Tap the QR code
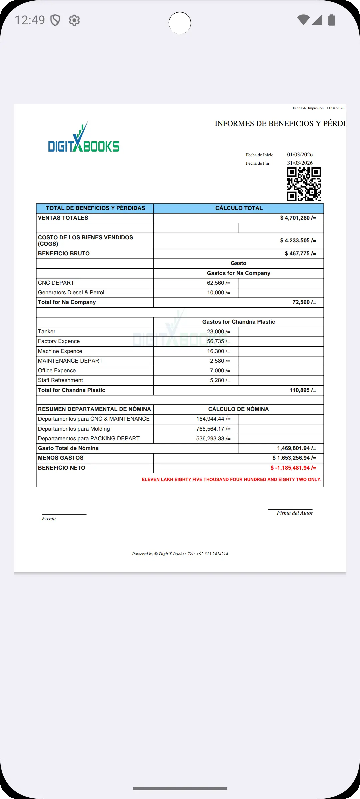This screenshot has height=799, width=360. click(x=304, y=184)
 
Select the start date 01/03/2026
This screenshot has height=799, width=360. click(x=300, y=155)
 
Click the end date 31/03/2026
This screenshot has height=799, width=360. click(x=300, y=163)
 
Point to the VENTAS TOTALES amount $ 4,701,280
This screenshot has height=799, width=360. click(x=298, y=218)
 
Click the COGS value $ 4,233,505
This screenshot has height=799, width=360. click(x=298, y=241)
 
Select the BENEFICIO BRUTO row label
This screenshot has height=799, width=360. click(x=64, y=254)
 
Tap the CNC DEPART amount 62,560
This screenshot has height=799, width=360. click(x=218, y=283)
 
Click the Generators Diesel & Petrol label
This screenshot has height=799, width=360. click(x=71, y=293)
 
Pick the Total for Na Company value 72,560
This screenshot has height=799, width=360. click(x=304, y=302)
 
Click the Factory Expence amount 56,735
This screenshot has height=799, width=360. click(x=218, y=341)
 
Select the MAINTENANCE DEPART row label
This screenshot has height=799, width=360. click(x=70, y=361)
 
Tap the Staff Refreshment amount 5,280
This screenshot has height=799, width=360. click(x=220, y=380)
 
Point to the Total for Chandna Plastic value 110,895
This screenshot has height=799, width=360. click(x=302, y=390)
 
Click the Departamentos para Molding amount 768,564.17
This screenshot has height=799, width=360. click(x=213, y=429)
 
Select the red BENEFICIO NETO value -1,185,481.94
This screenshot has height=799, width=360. click(x=293, y=468)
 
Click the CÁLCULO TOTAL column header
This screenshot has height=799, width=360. click(x=239, y=208)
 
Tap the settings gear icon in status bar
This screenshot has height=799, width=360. click(x=74, y=20)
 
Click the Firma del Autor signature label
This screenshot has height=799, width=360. click(x=295, y=513)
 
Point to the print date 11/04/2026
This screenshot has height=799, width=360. click(x=335, y=108)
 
